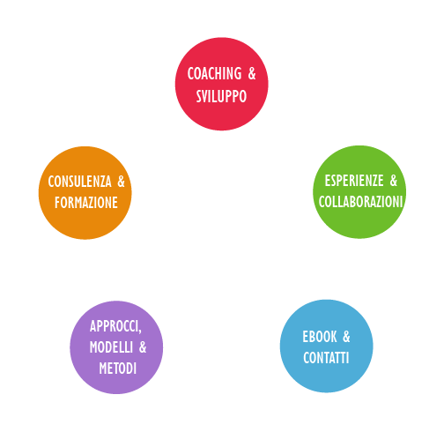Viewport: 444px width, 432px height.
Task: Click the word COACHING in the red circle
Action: [214, 73]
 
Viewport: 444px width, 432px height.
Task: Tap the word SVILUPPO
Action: [221, 96]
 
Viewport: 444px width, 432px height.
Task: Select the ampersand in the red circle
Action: [252, 73]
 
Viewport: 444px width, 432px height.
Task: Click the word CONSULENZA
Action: [80, 182]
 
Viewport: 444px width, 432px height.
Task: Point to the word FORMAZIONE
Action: [86, 203]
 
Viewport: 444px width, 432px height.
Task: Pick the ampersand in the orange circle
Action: [121, 182]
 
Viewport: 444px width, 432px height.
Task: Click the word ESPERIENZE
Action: [354, 181]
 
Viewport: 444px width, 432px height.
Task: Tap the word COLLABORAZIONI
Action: [360, 202]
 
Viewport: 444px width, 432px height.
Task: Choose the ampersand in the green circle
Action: [394, 181]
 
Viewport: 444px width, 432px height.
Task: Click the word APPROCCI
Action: [115, 326]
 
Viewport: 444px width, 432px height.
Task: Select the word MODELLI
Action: [111, 347]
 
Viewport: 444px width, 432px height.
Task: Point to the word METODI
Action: [118, 369]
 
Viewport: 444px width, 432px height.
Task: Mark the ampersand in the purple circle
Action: [143, 347]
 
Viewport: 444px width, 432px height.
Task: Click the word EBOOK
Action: [320, 337]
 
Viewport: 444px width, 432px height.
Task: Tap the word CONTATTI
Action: [326, 358]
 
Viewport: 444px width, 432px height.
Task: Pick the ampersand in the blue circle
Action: [346, 337]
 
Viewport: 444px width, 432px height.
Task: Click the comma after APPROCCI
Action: [140, 331]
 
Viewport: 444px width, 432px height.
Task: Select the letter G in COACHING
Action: [238, 73]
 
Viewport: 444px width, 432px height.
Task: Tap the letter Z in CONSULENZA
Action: [100, 182]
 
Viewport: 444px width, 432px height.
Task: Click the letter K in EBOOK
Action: [334, 337]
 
